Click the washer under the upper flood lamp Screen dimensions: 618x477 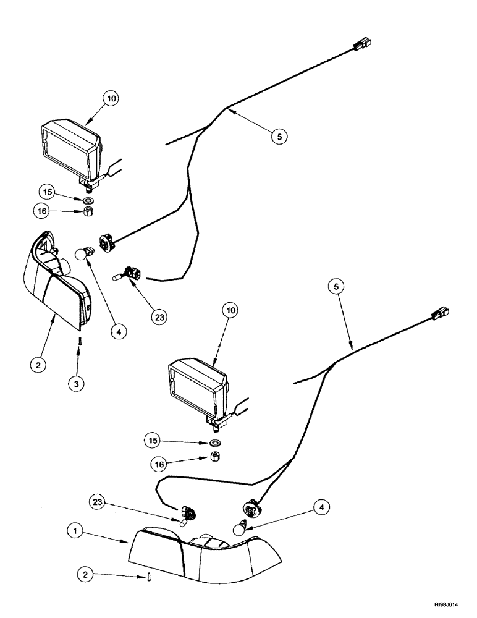(88, 201)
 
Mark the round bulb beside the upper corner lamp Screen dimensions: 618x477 (81, 254)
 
